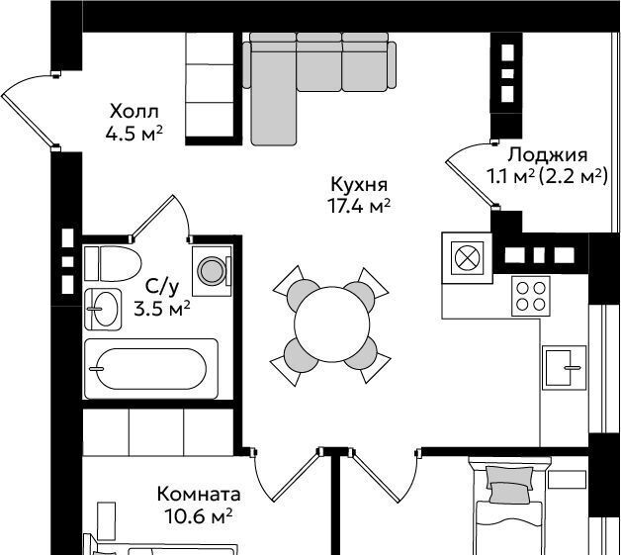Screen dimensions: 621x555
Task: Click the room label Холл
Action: [134, 112]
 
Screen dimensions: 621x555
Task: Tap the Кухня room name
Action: [359, 185]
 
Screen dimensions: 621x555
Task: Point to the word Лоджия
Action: [548, 155]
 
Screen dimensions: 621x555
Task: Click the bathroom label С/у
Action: [162, 287]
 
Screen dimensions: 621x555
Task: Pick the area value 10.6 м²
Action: [198, 516]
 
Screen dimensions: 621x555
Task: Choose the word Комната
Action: [199, 495]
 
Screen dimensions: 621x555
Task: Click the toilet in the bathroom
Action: [113, 263]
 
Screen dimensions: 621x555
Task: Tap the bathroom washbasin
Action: [103, 309]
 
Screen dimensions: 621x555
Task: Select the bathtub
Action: [151, 369]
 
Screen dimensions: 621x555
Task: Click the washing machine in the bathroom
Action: [212, 271]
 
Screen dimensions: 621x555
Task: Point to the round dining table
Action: [331, 324]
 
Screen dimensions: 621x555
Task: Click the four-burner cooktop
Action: [531, 297]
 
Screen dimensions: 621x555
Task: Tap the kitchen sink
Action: [564, 368]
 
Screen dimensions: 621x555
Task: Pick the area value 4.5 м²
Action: [134, 134]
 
